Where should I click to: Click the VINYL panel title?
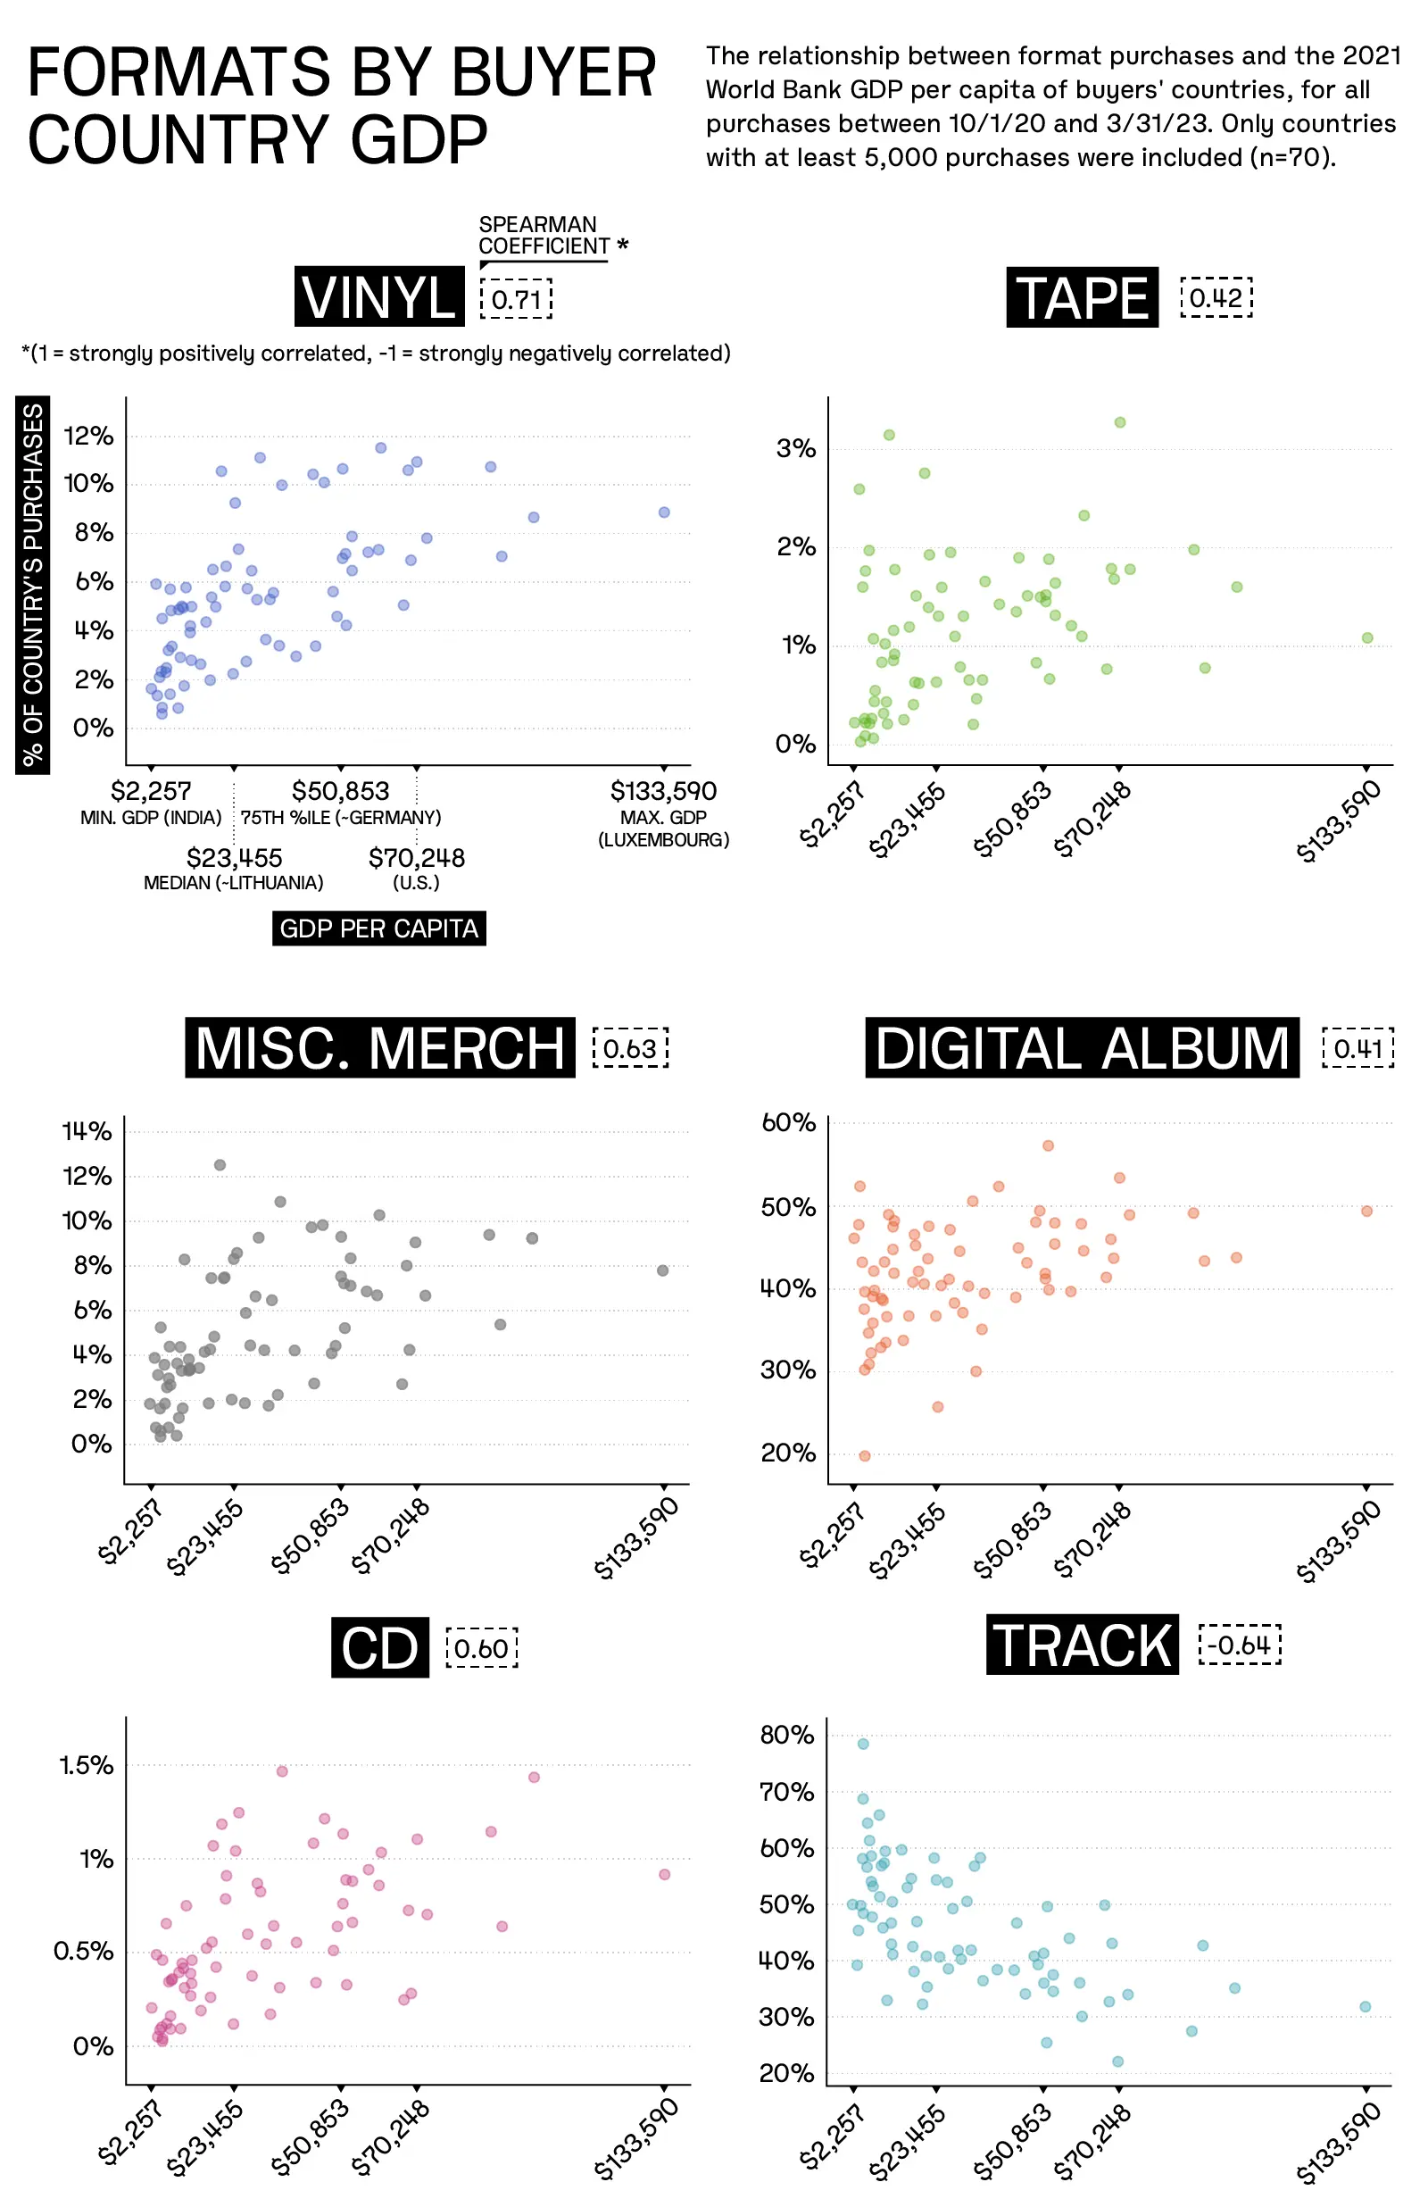pos(379,296)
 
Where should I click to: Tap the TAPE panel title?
pos(1082,296)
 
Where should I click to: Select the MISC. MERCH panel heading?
pos(379,1047)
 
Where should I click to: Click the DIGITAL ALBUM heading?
pos(1082,1047)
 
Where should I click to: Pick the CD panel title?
pos(379,1648)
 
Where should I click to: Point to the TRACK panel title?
pos(1082,1645)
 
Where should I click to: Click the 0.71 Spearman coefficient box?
pos(516,298)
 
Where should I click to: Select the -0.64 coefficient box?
pos(1239,1645)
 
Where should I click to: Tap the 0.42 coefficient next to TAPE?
pos(1216,296)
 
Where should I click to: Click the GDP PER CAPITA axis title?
pos(378,929)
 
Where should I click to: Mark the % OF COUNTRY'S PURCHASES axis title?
pos(32,585)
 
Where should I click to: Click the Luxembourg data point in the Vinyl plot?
pos(664,512)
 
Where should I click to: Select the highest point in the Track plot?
pos(863,1744)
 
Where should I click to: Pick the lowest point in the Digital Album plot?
pos(865,1455)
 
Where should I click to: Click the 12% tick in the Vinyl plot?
pos(88,436)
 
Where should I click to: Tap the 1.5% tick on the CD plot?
pos(87,1765)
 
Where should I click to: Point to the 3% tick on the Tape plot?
pos(796,449)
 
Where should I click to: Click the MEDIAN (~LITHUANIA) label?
pos(234,882)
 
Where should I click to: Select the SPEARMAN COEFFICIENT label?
pos(544,236)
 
